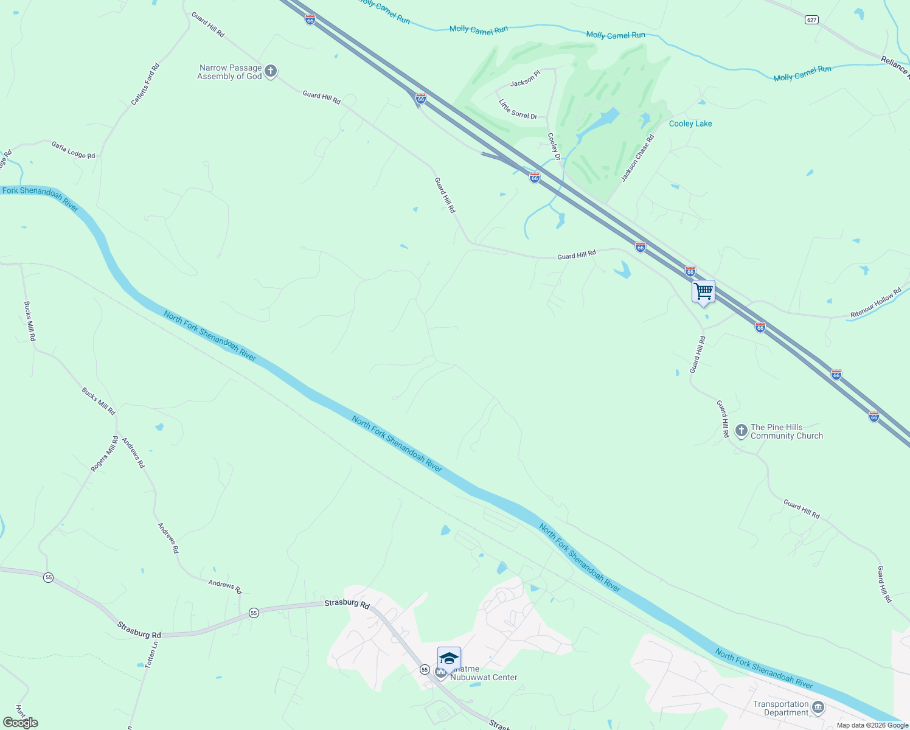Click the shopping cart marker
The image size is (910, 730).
[x=703, y=292]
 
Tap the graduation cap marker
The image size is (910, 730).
[x=449, y=659]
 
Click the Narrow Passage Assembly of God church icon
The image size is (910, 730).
[x=271, y=72]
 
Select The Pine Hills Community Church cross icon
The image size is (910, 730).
[x=741, y=431]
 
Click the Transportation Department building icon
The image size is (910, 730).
[x=818, y=707]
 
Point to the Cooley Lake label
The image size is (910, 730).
[x=690, y=123]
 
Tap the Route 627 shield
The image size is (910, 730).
[x=811, y=20]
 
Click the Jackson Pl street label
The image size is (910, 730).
[x=525, y=79]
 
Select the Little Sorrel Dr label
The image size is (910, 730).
[x=518, y=109]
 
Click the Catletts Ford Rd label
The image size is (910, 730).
[x=145, y=84]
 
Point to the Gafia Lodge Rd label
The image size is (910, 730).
[x=73, y=150]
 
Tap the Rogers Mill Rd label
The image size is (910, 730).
[x=105, y=454]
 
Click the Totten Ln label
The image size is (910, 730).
[x=151, y=655]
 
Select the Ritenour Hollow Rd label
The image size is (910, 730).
[x=875, y=303]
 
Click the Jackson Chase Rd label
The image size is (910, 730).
[x=637, y=158]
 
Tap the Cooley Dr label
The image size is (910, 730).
[x=554, y=147]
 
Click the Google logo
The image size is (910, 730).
[x=20, y=723]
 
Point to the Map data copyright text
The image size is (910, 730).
[x=871, y=725]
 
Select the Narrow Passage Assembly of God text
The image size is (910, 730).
[x=229, y=72]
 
